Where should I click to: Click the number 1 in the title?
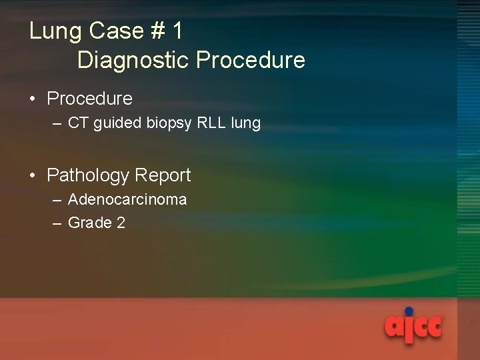(177, 31)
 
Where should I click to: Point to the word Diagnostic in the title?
(133, 61)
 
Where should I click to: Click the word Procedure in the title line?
(251, 61)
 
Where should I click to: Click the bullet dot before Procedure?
(33, 99)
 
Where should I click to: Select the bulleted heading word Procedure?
(89, 99)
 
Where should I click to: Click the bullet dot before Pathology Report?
(33, 176)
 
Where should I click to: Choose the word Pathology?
(87, 176)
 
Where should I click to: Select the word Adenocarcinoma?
(127, 199)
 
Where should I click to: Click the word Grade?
(90, 223)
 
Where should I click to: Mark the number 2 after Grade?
(121, 223)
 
